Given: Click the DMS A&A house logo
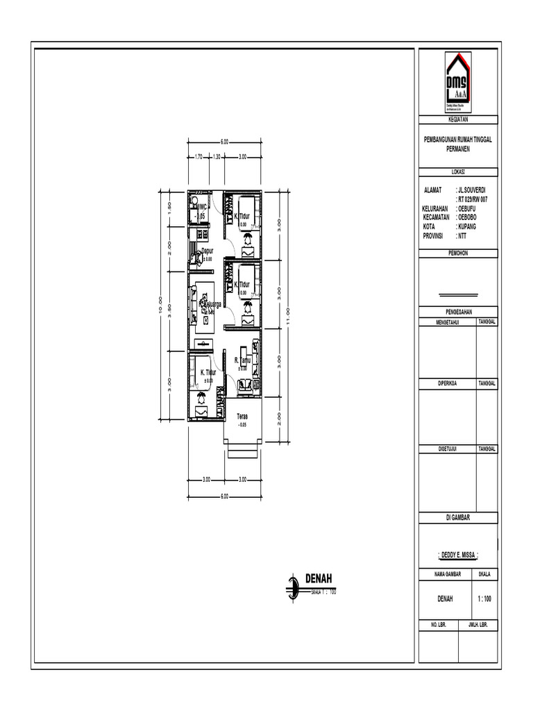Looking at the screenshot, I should point(457,83).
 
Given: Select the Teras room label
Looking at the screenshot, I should point(242,417).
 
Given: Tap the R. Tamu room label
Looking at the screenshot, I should point(242,361).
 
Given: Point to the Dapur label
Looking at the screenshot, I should point(207,251).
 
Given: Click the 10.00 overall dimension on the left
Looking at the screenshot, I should point(160,306).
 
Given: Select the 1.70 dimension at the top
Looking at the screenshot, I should point(198,157).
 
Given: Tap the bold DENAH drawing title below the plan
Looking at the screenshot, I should point(319,578).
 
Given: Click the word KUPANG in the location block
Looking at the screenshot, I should point(467,227).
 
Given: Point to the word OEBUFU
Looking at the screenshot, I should point(467,208).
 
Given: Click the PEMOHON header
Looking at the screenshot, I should point(457,254).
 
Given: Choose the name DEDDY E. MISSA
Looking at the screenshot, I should point(458,554).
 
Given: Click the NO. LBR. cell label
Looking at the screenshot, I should point(437,625).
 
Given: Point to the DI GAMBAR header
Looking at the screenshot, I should point(457,517).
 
